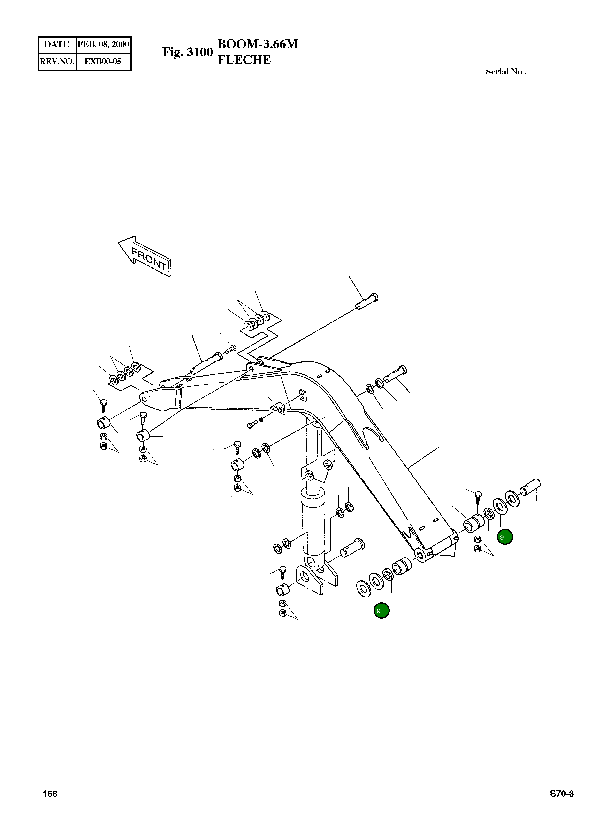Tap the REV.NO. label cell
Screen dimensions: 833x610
57,61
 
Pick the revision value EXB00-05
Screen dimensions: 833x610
103,61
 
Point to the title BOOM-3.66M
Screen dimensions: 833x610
258,44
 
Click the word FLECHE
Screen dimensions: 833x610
244,60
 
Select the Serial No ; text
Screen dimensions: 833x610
506,72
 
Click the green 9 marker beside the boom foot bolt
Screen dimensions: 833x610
505,537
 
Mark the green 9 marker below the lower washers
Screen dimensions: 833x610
381,611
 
